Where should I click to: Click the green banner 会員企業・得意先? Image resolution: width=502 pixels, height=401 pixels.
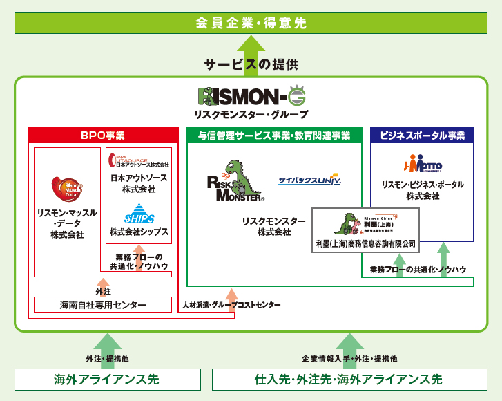(x=251, y=23)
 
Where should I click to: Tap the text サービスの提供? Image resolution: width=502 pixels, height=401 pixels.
(x=251, y=64)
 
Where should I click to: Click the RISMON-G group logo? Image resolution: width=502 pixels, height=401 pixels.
(x=251, y=96)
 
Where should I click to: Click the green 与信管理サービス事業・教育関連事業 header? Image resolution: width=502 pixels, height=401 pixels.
(x=274, y=136)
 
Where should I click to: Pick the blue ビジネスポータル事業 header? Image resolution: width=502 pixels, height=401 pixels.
(x=422, y=136)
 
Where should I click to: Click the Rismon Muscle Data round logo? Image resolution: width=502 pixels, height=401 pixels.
(x=67, y=189)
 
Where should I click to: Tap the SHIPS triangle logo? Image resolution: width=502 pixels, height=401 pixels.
(x=139, y=213)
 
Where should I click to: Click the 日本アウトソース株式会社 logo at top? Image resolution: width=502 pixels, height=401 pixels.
(x=139, y=161)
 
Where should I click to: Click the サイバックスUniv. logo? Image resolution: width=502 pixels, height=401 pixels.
(x=309, y=180)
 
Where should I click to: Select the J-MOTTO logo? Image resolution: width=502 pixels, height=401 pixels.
(x=423, y=165)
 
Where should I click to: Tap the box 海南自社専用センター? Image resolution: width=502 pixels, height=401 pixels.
(x=103, y=305)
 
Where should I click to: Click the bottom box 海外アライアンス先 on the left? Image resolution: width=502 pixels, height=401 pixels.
(x=107, y=380)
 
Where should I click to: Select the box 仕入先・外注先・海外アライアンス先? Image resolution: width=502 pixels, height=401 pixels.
(x=349, y=380)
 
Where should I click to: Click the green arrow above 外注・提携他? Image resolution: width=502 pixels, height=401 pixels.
(x=107, y=342)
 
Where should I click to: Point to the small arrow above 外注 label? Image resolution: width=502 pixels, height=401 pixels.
(x=103, y=282)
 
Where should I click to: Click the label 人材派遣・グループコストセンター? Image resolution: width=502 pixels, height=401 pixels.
(x=231, y=304)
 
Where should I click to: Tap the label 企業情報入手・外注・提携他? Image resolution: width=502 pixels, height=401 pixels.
(x=349, y=360)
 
